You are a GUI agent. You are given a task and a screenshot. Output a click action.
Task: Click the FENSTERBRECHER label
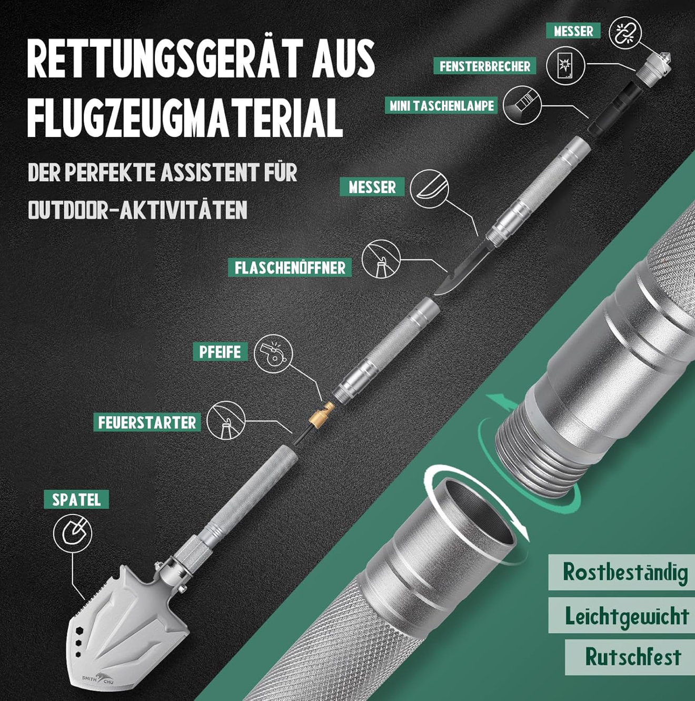tap(485, 66)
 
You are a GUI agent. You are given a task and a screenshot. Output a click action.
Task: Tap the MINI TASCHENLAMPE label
tap(442, 106)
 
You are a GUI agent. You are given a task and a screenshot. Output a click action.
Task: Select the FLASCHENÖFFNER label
tap(290, 268)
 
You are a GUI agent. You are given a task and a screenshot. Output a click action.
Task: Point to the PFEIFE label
tap(220, 352)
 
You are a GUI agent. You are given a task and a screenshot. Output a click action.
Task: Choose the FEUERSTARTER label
tap(147, 422)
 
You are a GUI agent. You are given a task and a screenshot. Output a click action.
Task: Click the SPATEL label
tap(76, 499)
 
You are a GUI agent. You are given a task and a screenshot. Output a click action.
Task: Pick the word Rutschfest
tap(633, 657)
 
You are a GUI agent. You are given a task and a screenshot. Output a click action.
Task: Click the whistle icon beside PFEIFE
tap(273, 354)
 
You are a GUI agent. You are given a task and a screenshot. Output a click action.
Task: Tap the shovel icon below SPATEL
tap(72, 534)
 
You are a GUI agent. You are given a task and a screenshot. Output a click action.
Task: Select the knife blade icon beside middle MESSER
tap(430, 189)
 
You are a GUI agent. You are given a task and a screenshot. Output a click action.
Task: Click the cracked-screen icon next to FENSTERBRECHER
tap(565, 66)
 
